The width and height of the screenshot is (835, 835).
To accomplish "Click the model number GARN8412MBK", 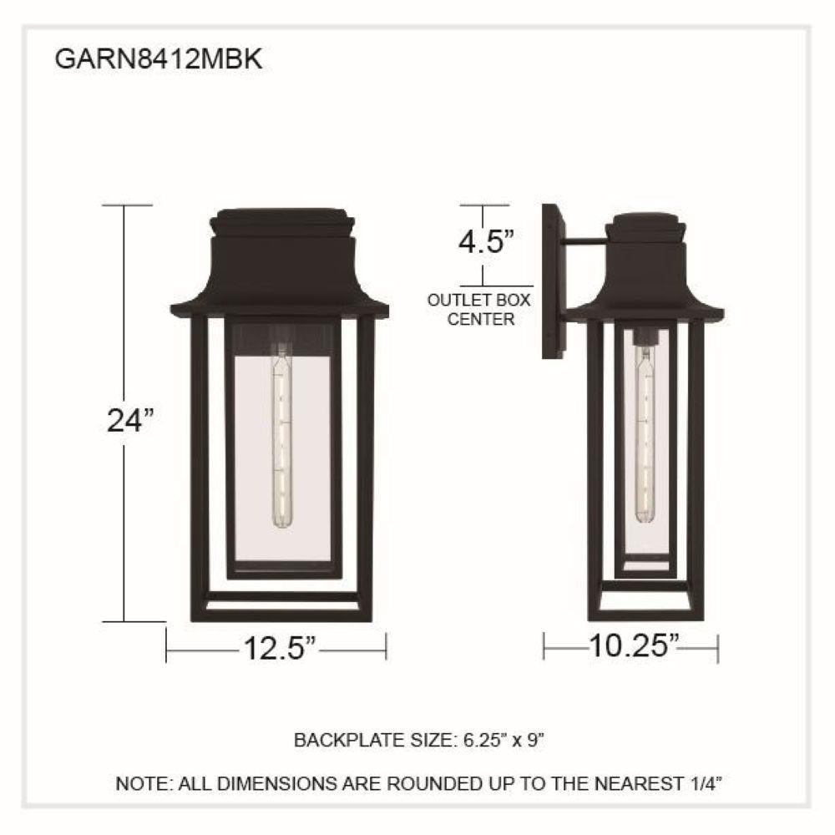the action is click(159, 59).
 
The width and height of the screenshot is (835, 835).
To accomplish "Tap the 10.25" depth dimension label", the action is click(635, 646).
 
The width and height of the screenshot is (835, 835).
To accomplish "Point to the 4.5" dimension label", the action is click(486, 242).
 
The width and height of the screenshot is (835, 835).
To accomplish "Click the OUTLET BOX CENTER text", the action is click(479, 310).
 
